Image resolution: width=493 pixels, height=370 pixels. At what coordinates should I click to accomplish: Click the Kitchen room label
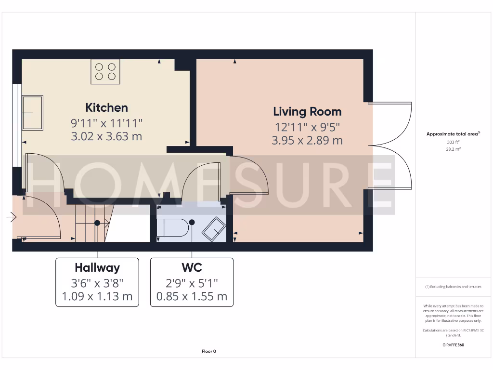coord(106,107)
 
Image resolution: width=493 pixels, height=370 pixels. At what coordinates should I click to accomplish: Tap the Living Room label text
coord(307,112)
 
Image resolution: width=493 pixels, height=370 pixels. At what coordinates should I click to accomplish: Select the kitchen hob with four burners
coord(105,71)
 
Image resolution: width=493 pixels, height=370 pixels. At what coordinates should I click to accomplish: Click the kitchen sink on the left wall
coord(33,113)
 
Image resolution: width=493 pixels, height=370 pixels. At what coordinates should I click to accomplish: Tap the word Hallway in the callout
coord(97,268)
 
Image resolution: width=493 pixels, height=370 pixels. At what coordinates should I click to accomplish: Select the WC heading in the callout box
coord(192,268)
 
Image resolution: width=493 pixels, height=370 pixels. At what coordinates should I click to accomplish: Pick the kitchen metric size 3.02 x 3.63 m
coord(106,136)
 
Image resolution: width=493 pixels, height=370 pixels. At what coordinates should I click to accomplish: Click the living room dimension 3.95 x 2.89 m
coord(307,141)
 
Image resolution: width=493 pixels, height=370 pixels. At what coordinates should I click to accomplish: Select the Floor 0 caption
coord(208,351)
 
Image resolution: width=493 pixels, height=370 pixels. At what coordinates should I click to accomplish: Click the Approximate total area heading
coord(453,134)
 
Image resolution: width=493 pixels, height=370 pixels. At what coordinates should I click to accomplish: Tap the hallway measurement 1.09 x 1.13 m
coord(97,296)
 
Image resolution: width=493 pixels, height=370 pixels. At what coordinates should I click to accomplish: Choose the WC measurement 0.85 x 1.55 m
coord(192,296)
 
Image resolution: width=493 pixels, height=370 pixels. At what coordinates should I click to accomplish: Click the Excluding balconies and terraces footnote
coord(453,287)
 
